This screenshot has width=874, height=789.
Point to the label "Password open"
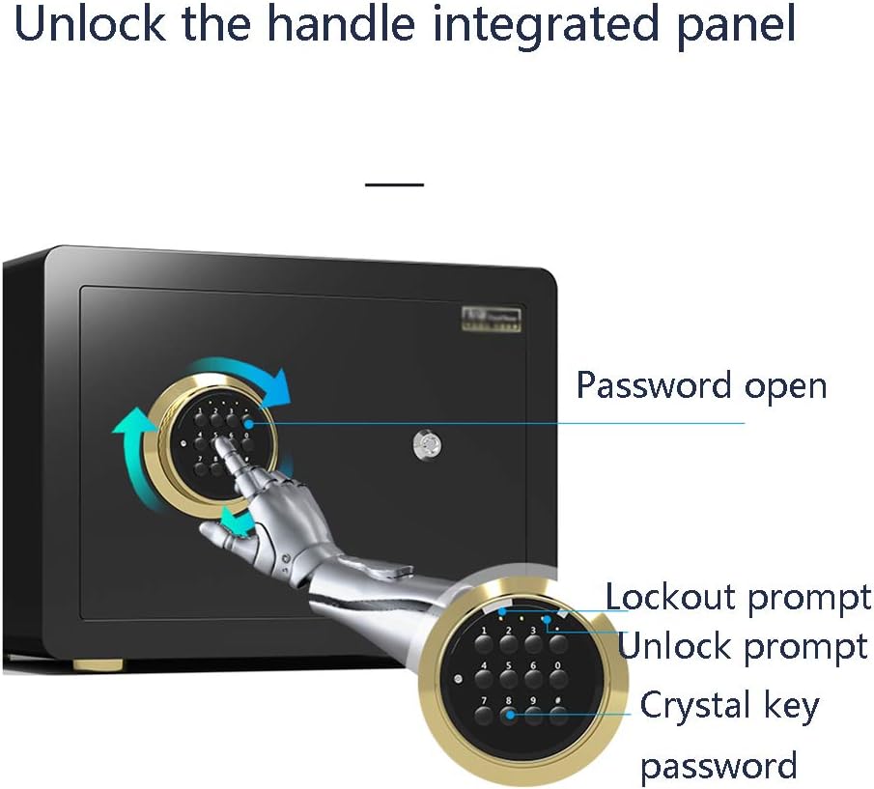point(701,385)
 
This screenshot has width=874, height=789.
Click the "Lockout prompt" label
point(738,598)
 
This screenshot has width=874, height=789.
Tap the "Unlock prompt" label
point(742,645)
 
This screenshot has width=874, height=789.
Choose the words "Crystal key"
point(729,705)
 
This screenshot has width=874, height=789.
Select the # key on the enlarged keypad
point(557,716)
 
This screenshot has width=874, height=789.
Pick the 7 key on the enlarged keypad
point(482,716)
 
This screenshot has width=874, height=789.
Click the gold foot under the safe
point(97,666)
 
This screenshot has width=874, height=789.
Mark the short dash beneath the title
point(395,183)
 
